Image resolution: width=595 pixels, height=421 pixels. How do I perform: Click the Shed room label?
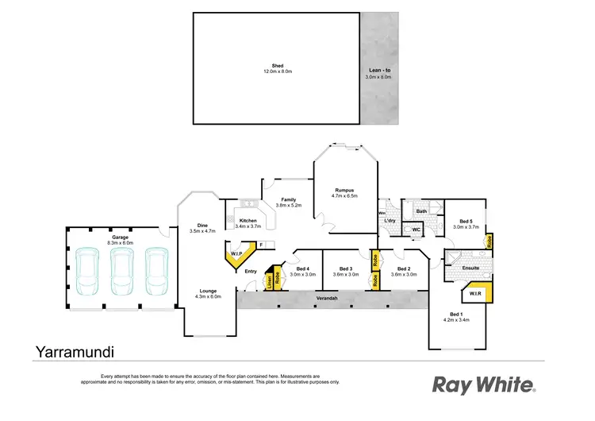click(278, 66)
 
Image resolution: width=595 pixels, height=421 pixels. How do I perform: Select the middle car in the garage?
click(121, 270)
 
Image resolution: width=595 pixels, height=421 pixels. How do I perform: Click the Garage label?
click(121, 237)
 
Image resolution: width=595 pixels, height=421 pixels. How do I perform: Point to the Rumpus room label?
click(344, 189)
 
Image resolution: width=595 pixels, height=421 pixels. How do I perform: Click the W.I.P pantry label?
click(236, 254)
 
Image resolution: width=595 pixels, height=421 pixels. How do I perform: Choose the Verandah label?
click(328, 298)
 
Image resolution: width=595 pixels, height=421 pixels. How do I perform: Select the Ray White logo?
click(482, 384)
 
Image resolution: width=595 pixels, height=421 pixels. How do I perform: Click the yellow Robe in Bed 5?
click(489, 242)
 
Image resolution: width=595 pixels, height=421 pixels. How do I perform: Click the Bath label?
click(421, 211)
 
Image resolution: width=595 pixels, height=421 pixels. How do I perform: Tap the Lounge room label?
click(209, 291)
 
